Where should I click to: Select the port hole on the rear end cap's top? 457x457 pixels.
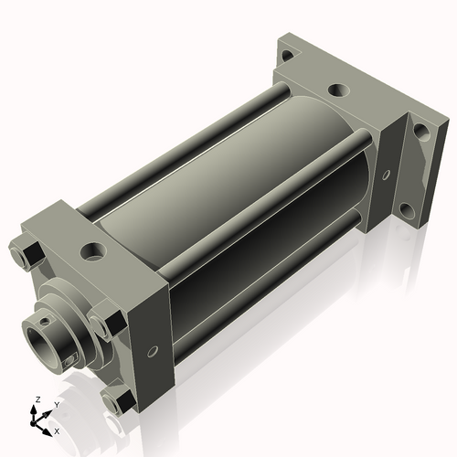point(337,90)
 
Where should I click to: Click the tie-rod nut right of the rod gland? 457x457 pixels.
point(108,324)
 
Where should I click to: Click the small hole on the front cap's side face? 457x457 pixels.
point(152,348)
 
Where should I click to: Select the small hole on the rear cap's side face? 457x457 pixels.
point(386,174)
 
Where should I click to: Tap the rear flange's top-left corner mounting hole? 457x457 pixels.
point(287,56)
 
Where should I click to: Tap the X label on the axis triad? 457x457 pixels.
point(58,430)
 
